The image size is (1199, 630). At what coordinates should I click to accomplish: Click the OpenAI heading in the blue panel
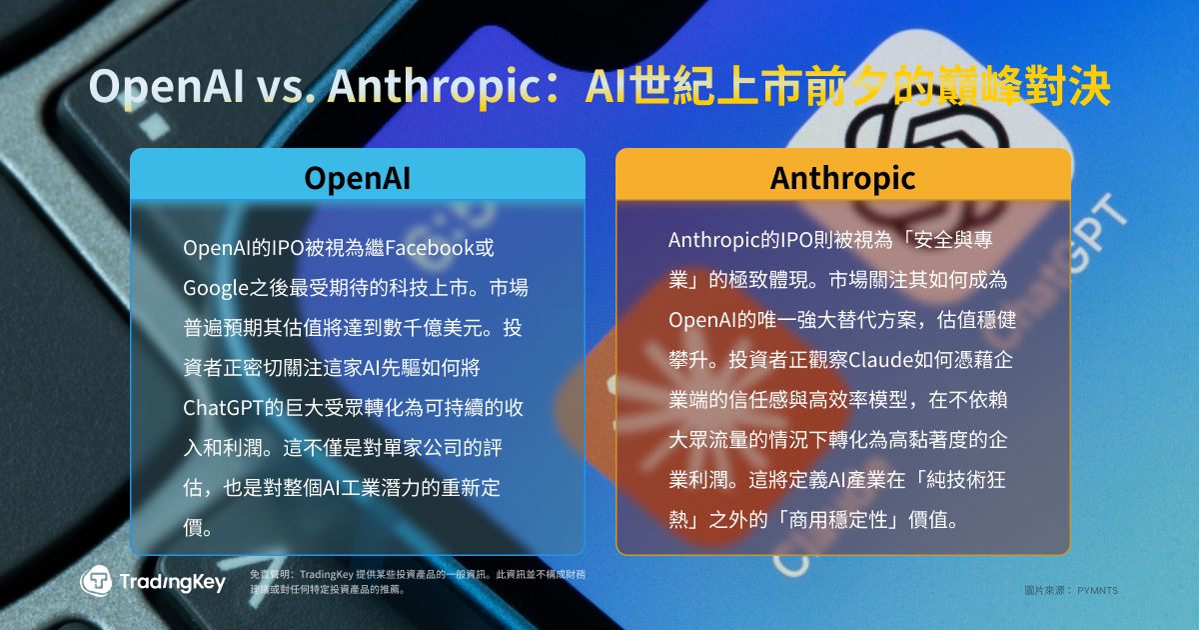[x=357, y=178]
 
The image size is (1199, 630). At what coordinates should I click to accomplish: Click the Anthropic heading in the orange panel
[x=842, y=178]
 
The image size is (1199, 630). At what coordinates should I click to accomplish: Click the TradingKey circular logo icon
[x=96, y=581]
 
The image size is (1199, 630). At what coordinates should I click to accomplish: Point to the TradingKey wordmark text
[x=172, y=582]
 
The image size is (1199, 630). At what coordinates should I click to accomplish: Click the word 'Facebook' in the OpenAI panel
[x=430, y=248]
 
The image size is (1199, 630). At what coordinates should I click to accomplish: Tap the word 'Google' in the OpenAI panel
[x=216, y=288]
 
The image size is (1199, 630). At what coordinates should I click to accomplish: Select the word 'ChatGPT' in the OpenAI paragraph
[x=223, y=408]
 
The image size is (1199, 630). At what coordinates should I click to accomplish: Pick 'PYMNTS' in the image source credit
[x=1097, y=590]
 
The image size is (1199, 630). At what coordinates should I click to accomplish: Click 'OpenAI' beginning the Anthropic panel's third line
[x=702, y=320]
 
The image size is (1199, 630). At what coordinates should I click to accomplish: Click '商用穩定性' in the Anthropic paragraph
[x=837, y=520]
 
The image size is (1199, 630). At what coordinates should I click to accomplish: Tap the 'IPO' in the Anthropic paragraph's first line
[x=794, y=240]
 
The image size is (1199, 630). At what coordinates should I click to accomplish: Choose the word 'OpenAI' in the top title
[x=166, y=87]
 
